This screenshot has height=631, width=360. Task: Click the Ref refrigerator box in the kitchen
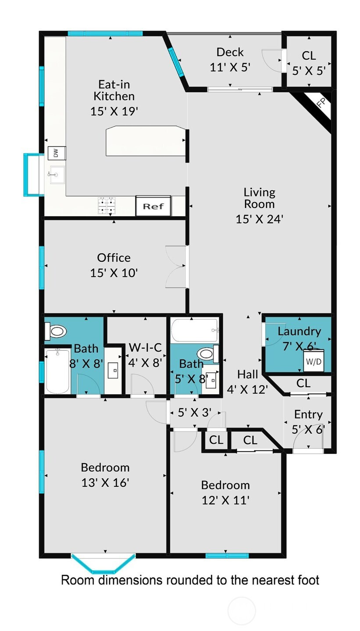point(153,206)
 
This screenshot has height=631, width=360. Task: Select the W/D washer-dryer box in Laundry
point(314,361)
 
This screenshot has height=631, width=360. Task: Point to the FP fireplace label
point(321,103)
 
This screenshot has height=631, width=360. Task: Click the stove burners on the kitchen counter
point(107,206)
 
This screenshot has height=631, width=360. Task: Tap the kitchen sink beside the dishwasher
point(57,175)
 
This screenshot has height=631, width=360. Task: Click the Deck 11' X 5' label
point(230,60)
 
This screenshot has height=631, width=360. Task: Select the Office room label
point(114,257)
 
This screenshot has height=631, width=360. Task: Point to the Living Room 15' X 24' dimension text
point(259,219)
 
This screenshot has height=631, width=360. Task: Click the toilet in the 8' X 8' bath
point(56,331)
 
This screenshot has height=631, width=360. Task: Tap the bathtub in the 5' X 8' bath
point(195,330)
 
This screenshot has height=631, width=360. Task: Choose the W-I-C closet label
point(145,347)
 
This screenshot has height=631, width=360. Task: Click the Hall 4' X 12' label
point(247,382)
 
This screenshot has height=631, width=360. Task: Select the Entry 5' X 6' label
point(308,422)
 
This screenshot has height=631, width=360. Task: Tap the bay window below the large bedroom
point(103,563)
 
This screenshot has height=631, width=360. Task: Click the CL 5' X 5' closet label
point(309,63)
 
